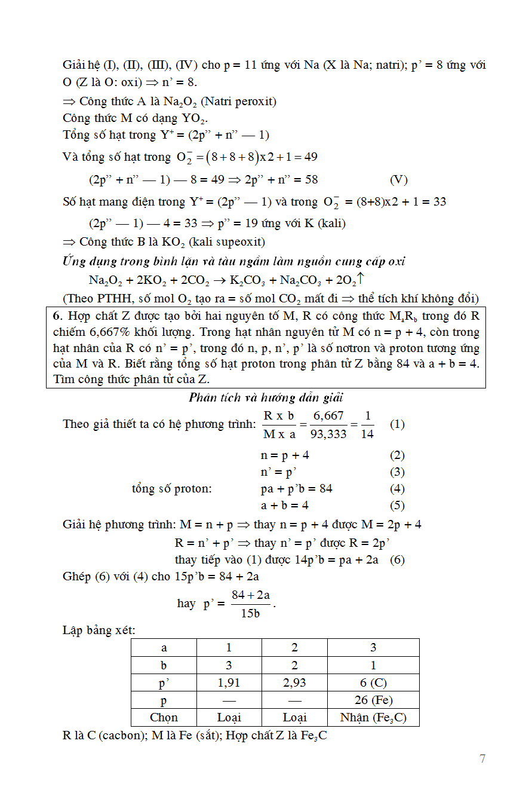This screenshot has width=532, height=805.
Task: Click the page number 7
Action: point(482,758)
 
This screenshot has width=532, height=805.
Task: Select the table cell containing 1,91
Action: point(229,682)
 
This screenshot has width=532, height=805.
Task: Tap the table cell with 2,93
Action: point(294,682)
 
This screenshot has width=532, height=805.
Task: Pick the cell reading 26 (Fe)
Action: point(373,700)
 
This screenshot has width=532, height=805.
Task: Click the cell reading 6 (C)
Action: point(373,682)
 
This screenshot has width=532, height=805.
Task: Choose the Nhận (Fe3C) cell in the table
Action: point(373,717)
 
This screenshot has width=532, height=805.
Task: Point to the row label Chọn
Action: point(164,717)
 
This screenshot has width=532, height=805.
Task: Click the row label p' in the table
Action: point(164,682)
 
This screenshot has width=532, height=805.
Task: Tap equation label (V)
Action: point(398,179)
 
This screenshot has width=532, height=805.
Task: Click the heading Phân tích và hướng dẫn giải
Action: point(266,397)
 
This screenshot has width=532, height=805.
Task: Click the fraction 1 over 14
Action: point(367,425)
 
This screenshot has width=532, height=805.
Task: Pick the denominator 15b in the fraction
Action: point(250,613)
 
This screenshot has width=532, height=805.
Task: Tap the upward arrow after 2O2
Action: point(361,279)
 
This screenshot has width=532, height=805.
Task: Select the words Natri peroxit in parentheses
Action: point(241,101)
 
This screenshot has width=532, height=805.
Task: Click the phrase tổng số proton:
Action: point(172,488)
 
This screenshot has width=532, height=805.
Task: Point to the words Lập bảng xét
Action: point(99,630)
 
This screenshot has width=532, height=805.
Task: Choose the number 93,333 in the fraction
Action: point(328,434)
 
